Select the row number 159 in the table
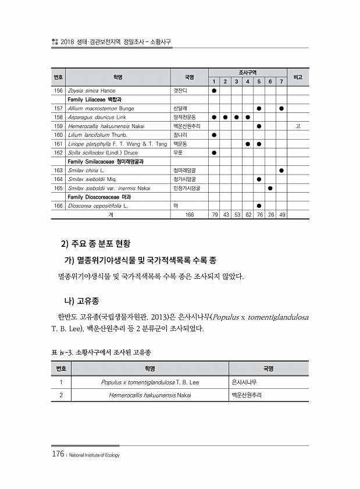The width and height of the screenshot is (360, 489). [x=58, y=125]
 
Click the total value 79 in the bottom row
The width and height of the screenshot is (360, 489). [x=214, y=214]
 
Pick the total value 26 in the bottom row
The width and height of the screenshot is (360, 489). [x=270, y=214]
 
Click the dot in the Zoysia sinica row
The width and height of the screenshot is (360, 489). [x=214, y=91]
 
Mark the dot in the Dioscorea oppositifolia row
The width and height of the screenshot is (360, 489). [x=259, y=205]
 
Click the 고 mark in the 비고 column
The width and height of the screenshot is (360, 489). [x=298, y=126]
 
